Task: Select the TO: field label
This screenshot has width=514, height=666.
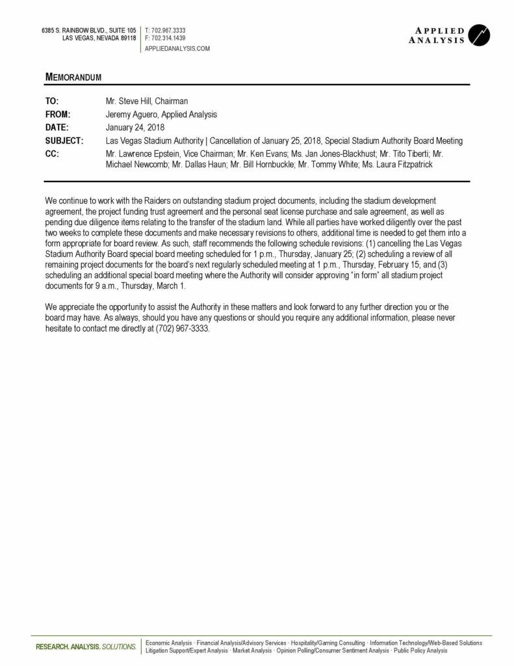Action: (52, 101)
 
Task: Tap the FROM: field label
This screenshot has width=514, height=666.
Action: (57, 114)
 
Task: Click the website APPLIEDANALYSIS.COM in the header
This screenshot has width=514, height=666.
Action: (177, 48)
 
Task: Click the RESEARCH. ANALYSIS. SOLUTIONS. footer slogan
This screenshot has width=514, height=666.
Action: (86, 646)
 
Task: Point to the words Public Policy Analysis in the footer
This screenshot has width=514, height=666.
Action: (420, 650)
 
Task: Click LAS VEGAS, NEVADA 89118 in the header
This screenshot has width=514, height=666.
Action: (99, 38)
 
